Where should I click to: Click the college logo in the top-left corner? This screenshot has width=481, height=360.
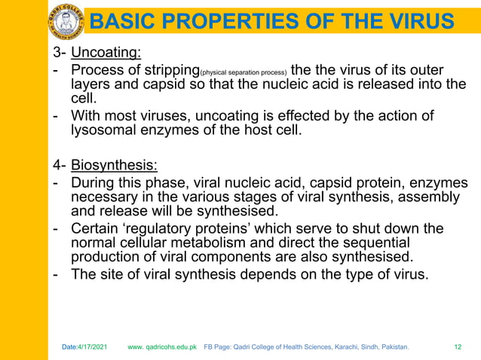tap(66, 20)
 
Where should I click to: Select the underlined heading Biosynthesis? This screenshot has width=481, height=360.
tap(114, 166)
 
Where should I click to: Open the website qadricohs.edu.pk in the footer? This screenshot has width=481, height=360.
tap(162, 347)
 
